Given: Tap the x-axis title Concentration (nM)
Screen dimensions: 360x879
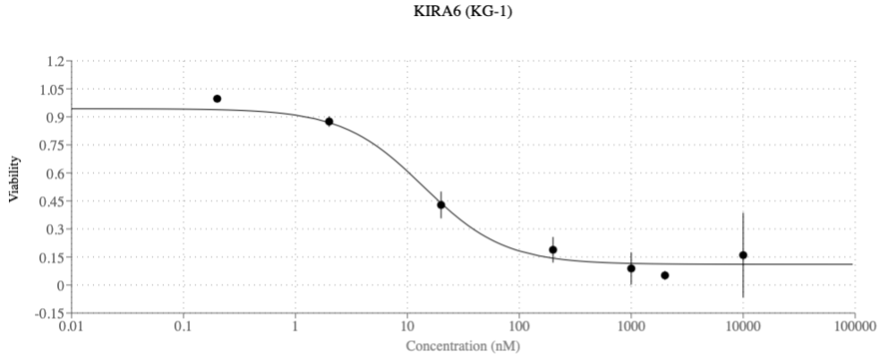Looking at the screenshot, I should pyautogui.click(x=463, y=345).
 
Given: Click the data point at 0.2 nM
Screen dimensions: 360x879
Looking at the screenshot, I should pyautogui.click(x=217, y=99).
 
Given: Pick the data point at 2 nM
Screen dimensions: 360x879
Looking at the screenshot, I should pyautogui.click(x=329, y=122).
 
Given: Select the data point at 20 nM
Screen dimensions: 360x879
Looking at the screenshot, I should pyautogui.click(x=440, y=205).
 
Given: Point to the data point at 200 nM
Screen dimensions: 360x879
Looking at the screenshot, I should pyautogui.click(x=553, y=250).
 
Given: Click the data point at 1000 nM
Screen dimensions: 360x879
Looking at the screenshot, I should pyautogui.click(x=631, y=269).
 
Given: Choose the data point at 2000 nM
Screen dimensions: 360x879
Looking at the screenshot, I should pyautogui.click(x=665, y=275).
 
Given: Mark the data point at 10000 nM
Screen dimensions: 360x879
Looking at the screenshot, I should pyautogui.click(x=743, y=255).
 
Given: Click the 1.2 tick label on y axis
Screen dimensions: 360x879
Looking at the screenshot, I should pyautogui.click(x=55, y=61).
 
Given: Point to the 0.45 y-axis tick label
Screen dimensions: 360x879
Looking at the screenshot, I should pyautogui.click(x=51, y=201).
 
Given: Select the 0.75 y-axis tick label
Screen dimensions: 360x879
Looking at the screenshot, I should pyautogui.click(x=51, y=145).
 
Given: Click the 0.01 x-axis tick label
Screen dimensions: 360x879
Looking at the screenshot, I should pyautogui.click(x=72, y=327).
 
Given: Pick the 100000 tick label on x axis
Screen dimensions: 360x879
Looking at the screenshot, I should pyautogui.click(x=854, y=327).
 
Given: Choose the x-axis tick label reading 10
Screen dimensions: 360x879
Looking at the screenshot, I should pyautogui.click(x=406, y=327).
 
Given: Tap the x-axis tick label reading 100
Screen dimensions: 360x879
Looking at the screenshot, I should pyautogui.click(x=519, y=327).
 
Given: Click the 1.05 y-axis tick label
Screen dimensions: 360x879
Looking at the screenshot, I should pyautogui.click(x=51, y=90).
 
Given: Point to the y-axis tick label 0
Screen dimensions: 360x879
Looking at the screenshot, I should pyautogui.click(x=60, y=286).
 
